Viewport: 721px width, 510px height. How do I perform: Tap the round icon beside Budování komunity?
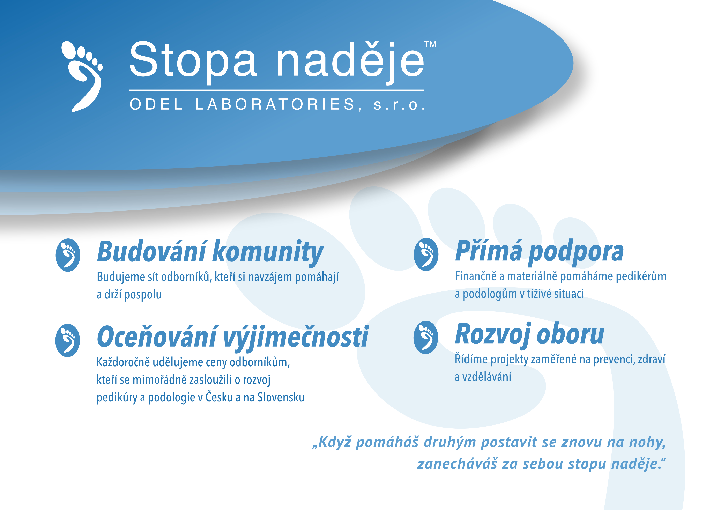[x=68, y=255]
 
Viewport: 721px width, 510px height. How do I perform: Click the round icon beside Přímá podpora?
[x=426, y=254]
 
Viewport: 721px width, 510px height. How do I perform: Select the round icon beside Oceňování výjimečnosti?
[x=67, y=340]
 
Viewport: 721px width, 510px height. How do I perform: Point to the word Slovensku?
[x=281, y=397]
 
